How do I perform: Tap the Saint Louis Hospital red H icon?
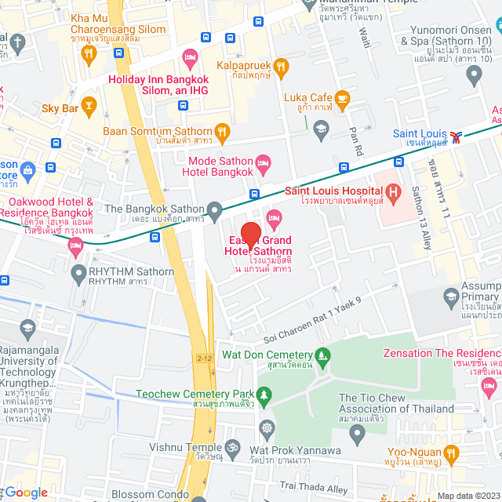coord(393,191)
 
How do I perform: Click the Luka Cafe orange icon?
coord(342,98)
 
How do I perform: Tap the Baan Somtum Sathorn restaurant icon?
coord(223,132)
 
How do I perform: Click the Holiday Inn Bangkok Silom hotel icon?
coord(188,56)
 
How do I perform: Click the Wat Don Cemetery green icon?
coord(321,355)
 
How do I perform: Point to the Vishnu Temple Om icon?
coord(231,449)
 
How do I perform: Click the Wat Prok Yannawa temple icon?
coord(267,428)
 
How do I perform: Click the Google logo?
coord(27,492)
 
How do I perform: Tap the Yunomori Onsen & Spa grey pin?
coord(473,75)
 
